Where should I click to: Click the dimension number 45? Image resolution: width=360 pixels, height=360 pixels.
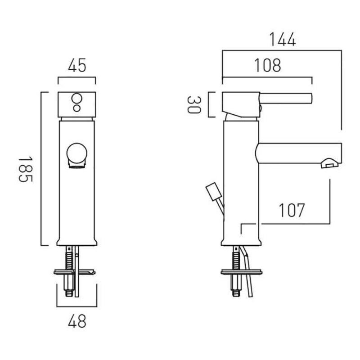(x=77, y=65)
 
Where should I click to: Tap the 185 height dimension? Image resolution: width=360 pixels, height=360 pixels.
(x=26, y=170)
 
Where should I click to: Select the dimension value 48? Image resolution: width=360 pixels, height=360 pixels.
(x=77, y=321)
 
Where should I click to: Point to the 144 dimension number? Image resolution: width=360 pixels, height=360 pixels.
(x=283, y=40)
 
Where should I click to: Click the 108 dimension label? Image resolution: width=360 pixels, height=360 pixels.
(x=268, y=65)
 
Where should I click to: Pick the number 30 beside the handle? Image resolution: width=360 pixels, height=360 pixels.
(x=194, y=105)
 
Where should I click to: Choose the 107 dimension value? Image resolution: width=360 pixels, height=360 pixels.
(x=292, y=210)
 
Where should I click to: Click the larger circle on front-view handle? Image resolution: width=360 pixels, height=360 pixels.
(x=76, y=99)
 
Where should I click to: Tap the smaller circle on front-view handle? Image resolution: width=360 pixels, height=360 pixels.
(x=76, y=108)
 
